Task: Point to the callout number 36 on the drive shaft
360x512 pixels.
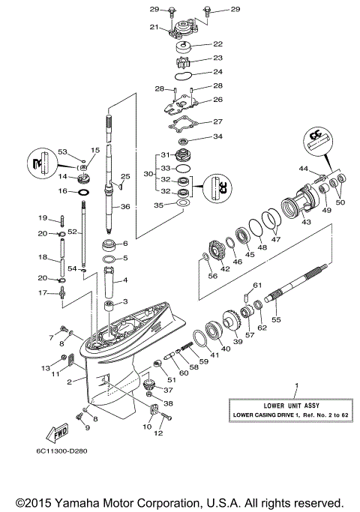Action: (125, 207)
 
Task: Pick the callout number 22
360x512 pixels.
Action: (218, 44)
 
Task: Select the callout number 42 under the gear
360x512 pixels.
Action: (225, 269)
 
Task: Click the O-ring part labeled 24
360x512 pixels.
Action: (187, 74)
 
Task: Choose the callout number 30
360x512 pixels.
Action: (148, 173)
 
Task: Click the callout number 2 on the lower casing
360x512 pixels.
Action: (70, 382)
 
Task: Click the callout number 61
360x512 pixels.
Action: (256, 286)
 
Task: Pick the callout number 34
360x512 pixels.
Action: (217, 136)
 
